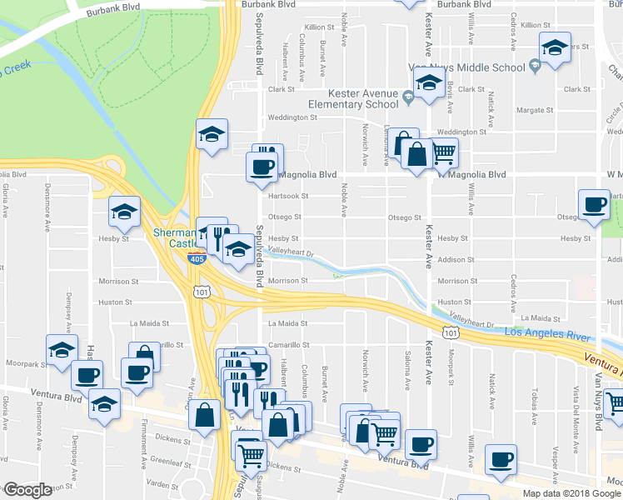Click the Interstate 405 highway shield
[x=196, y=258]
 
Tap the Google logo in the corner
[x=28, y=489]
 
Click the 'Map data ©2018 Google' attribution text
[x=572, y=493]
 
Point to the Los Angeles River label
[x=548, y=334]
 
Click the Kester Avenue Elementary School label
[x=353, y=99]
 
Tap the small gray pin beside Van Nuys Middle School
[x=535, y=67]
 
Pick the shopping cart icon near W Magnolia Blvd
[x=444, y=151]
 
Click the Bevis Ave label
[x=450, y=101]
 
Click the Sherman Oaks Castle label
[x=172, y=238]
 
